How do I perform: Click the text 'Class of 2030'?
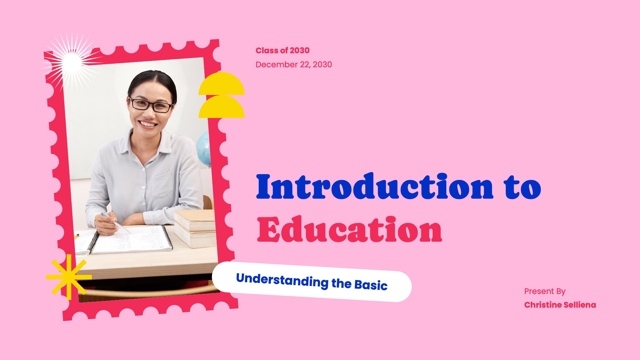282,50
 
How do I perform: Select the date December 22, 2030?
294,64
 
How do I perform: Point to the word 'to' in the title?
523,187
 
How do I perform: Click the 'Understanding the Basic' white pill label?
312,282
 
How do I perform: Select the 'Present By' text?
545,291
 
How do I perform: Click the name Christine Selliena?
560,305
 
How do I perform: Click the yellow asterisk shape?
69,277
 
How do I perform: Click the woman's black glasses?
151,105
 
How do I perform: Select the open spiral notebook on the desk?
132,239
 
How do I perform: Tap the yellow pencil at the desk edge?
76,236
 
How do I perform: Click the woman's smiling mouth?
148,124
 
